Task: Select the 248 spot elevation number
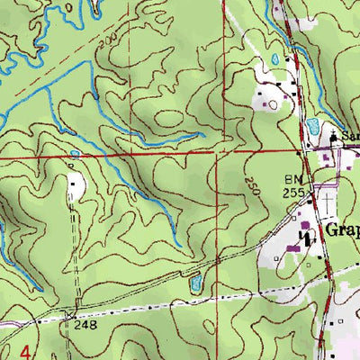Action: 85,323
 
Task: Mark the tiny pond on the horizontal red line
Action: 74,155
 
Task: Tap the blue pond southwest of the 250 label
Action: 193,284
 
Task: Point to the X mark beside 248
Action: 69,315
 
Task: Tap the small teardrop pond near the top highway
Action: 274,60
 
